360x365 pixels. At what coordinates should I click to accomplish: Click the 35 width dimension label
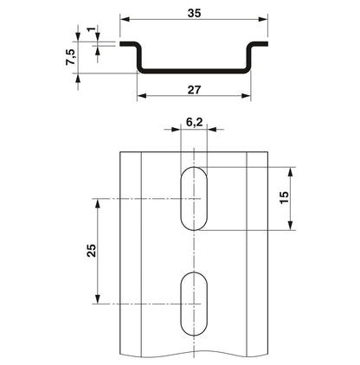coord(194,13)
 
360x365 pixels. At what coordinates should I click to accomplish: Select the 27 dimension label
coord(194,90)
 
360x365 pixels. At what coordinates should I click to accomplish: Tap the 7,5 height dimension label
coord(71,57)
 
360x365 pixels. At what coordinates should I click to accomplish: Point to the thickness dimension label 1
coord(91,29)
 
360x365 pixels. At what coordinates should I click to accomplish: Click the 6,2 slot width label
coord(194,122)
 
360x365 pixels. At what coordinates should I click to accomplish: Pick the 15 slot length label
coord(285,197)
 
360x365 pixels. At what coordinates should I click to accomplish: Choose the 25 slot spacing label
coord(92,250)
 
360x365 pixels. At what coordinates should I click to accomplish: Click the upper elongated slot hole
coord(194,198)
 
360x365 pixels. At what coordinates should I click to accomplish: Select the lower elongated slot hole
coord(194,304)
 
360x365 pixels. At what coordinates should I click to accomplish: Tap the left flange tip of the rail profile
coord(120,44)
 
